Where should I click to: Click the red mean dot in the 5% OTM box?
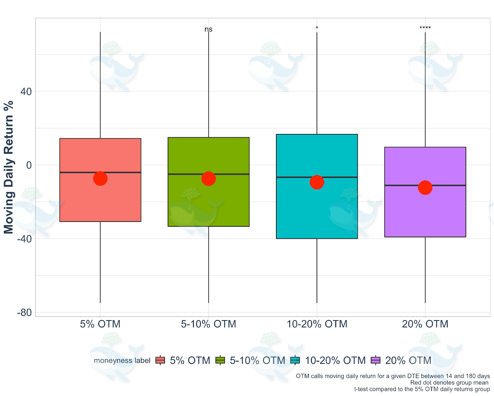click(100, 179)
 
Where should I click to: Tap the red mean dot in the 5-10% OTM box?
click(208, 179)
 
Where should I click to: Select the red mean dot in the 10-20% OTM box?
click(317, 182)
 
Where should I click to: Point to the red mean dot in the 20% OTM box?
click(425, 187)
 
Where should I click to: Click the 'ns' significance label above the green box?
click(208, 29)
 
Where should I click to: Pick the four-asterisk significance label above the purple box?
click(425, 28)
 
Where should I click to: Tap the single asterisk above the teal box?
click(317, 28)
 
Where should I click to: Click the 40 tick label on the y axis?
click(26, 92)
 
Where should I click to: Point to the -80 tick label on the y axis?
click(24, 312)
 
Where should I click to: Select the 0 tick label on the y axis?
click(29, 165)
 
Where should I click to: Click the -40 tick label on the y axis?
click(24, 239)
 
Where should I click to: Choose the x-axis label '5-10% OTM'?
click(208, 324)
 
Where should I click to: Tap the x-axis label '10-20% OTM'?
click(317, 324)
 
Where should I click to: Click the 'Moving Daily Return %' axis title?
click(9, 167)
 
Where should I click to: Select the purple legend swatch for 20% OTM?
click(375, 360)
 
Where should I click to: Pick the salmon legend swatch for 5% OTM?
click(160, 360)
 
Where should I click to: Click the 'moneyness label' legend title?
click(122, 360)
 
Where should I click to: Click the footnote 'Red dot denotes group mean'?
click(449, 383)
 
